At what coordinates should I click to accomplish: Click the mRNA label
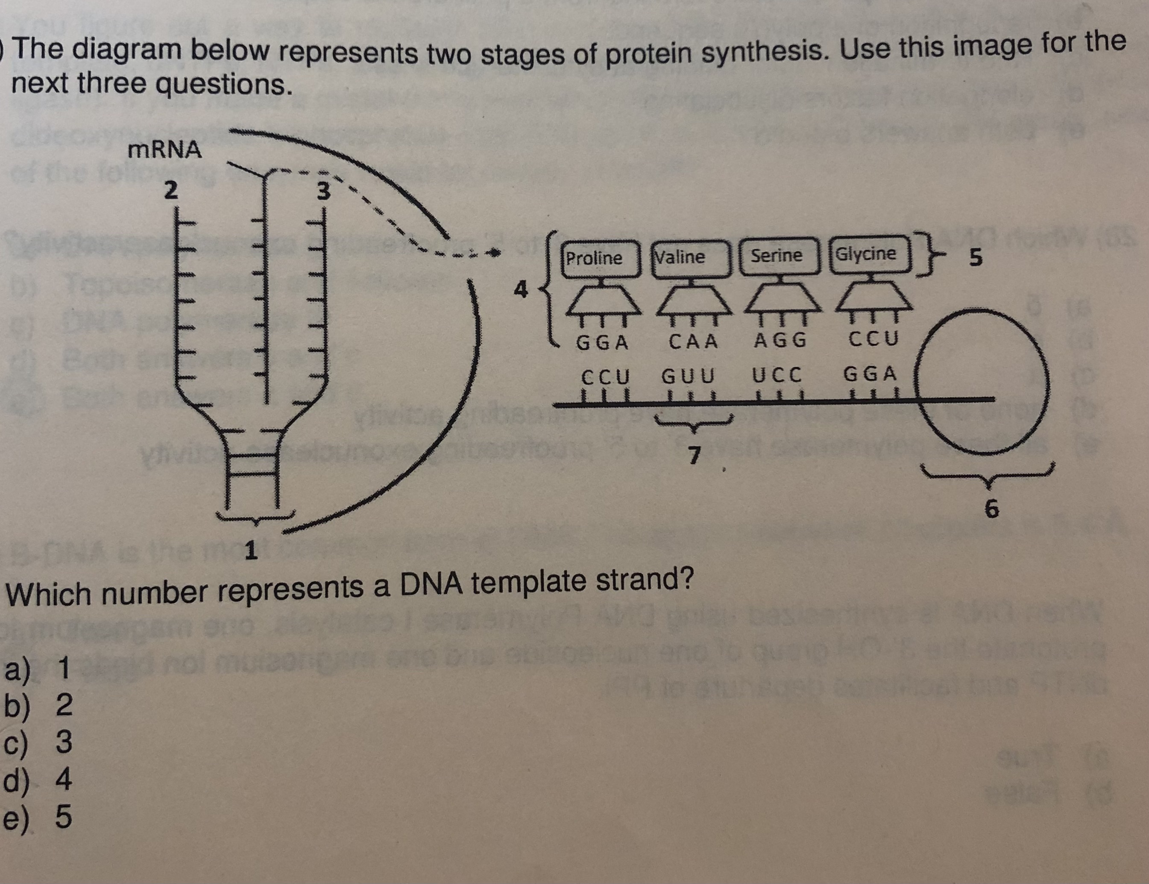click(x=164, y=150)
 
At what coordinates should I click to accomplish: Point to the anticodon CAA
click(x=693, y=342)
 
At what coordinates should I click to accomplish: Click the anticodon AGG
click(x=780, y=341)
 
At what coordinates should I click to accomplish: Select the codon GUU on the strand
click(x=688, y=376)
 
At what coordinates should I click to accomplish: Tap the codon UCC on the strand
click(x=777, y=376)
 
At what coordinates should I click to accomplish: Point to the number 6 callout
click(x=991, y=509)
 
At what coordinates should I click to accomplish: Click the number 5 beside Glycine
click(x=976, y=258)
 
